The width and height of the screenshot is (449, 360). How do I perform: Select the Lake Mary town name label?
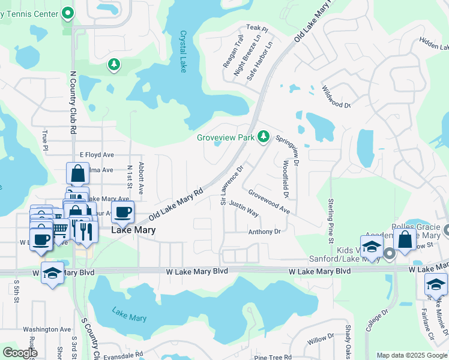coord(133,230)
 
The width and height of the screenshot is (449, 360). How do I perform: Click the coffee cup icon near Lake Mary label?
coord(123,212)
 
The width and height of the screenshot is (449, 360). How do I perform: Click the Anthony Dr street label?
coord(265,232)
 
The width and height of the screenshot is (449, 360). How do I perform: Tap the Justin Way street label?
coord(244,209)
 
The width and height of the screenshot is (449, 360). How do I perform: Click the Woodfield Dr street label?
coord(286,178)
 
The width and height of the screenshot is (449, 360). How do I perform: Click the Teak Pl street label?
coord(257,28)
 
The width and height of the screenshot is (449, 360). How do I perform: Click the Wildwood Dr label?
coord(336,97)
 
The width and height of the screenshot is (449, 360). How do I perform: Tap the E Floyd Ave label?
coord(97,154)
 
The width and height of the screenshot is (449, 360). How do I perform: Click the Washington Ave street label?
coord(47,329)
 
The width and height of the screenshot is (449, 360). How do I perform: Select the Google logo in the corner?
coord(20,353)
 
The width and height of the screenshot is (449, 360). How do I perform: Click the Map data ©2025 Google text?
coord(411,355)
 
